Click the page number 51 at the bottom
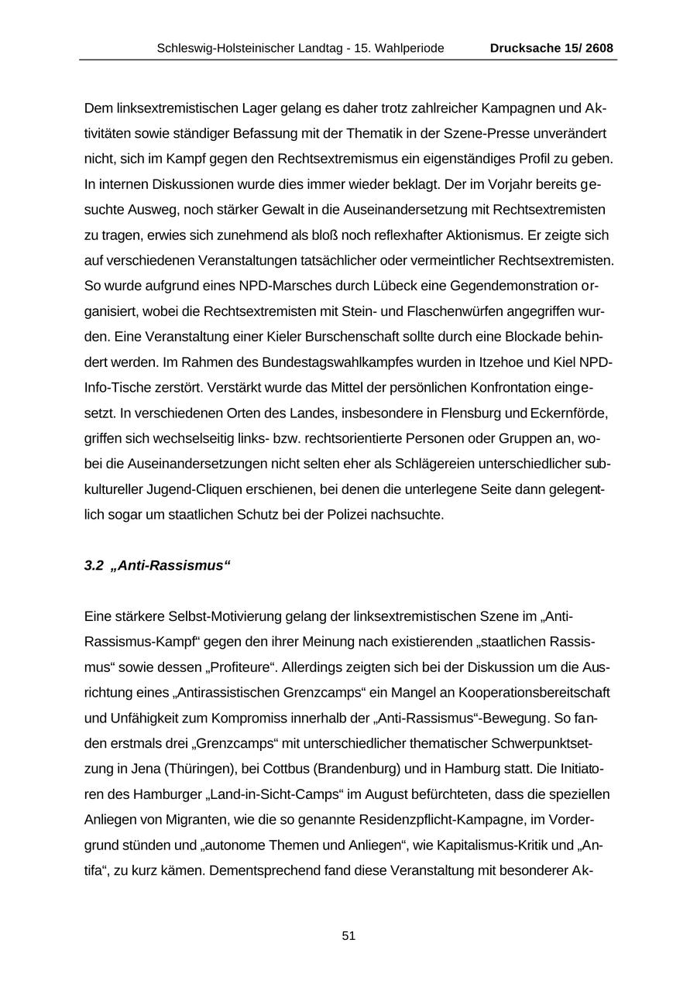click(x=348, y=936)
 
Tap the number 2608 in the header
click(x=599, y=48)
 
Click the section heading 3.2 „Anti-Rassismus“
click(x=157, y=566)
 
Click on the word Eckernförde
click(x=569, y=413)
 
